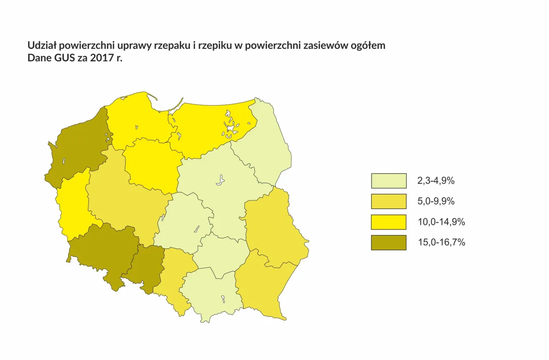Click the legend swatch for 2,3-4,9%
point(389,181)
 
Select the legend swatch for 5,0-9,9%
point(389,201)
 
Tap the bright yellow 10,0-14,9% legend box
point(389,222)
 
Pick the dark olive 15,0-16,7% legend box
point(389,242)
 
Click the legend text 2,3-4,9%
point(436,181)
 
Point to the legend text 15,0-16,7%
point(441,242)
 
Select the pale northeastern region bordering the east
point(266,146)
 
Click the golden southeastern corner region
point(262,287)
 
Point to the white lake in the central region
point(220,180)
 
